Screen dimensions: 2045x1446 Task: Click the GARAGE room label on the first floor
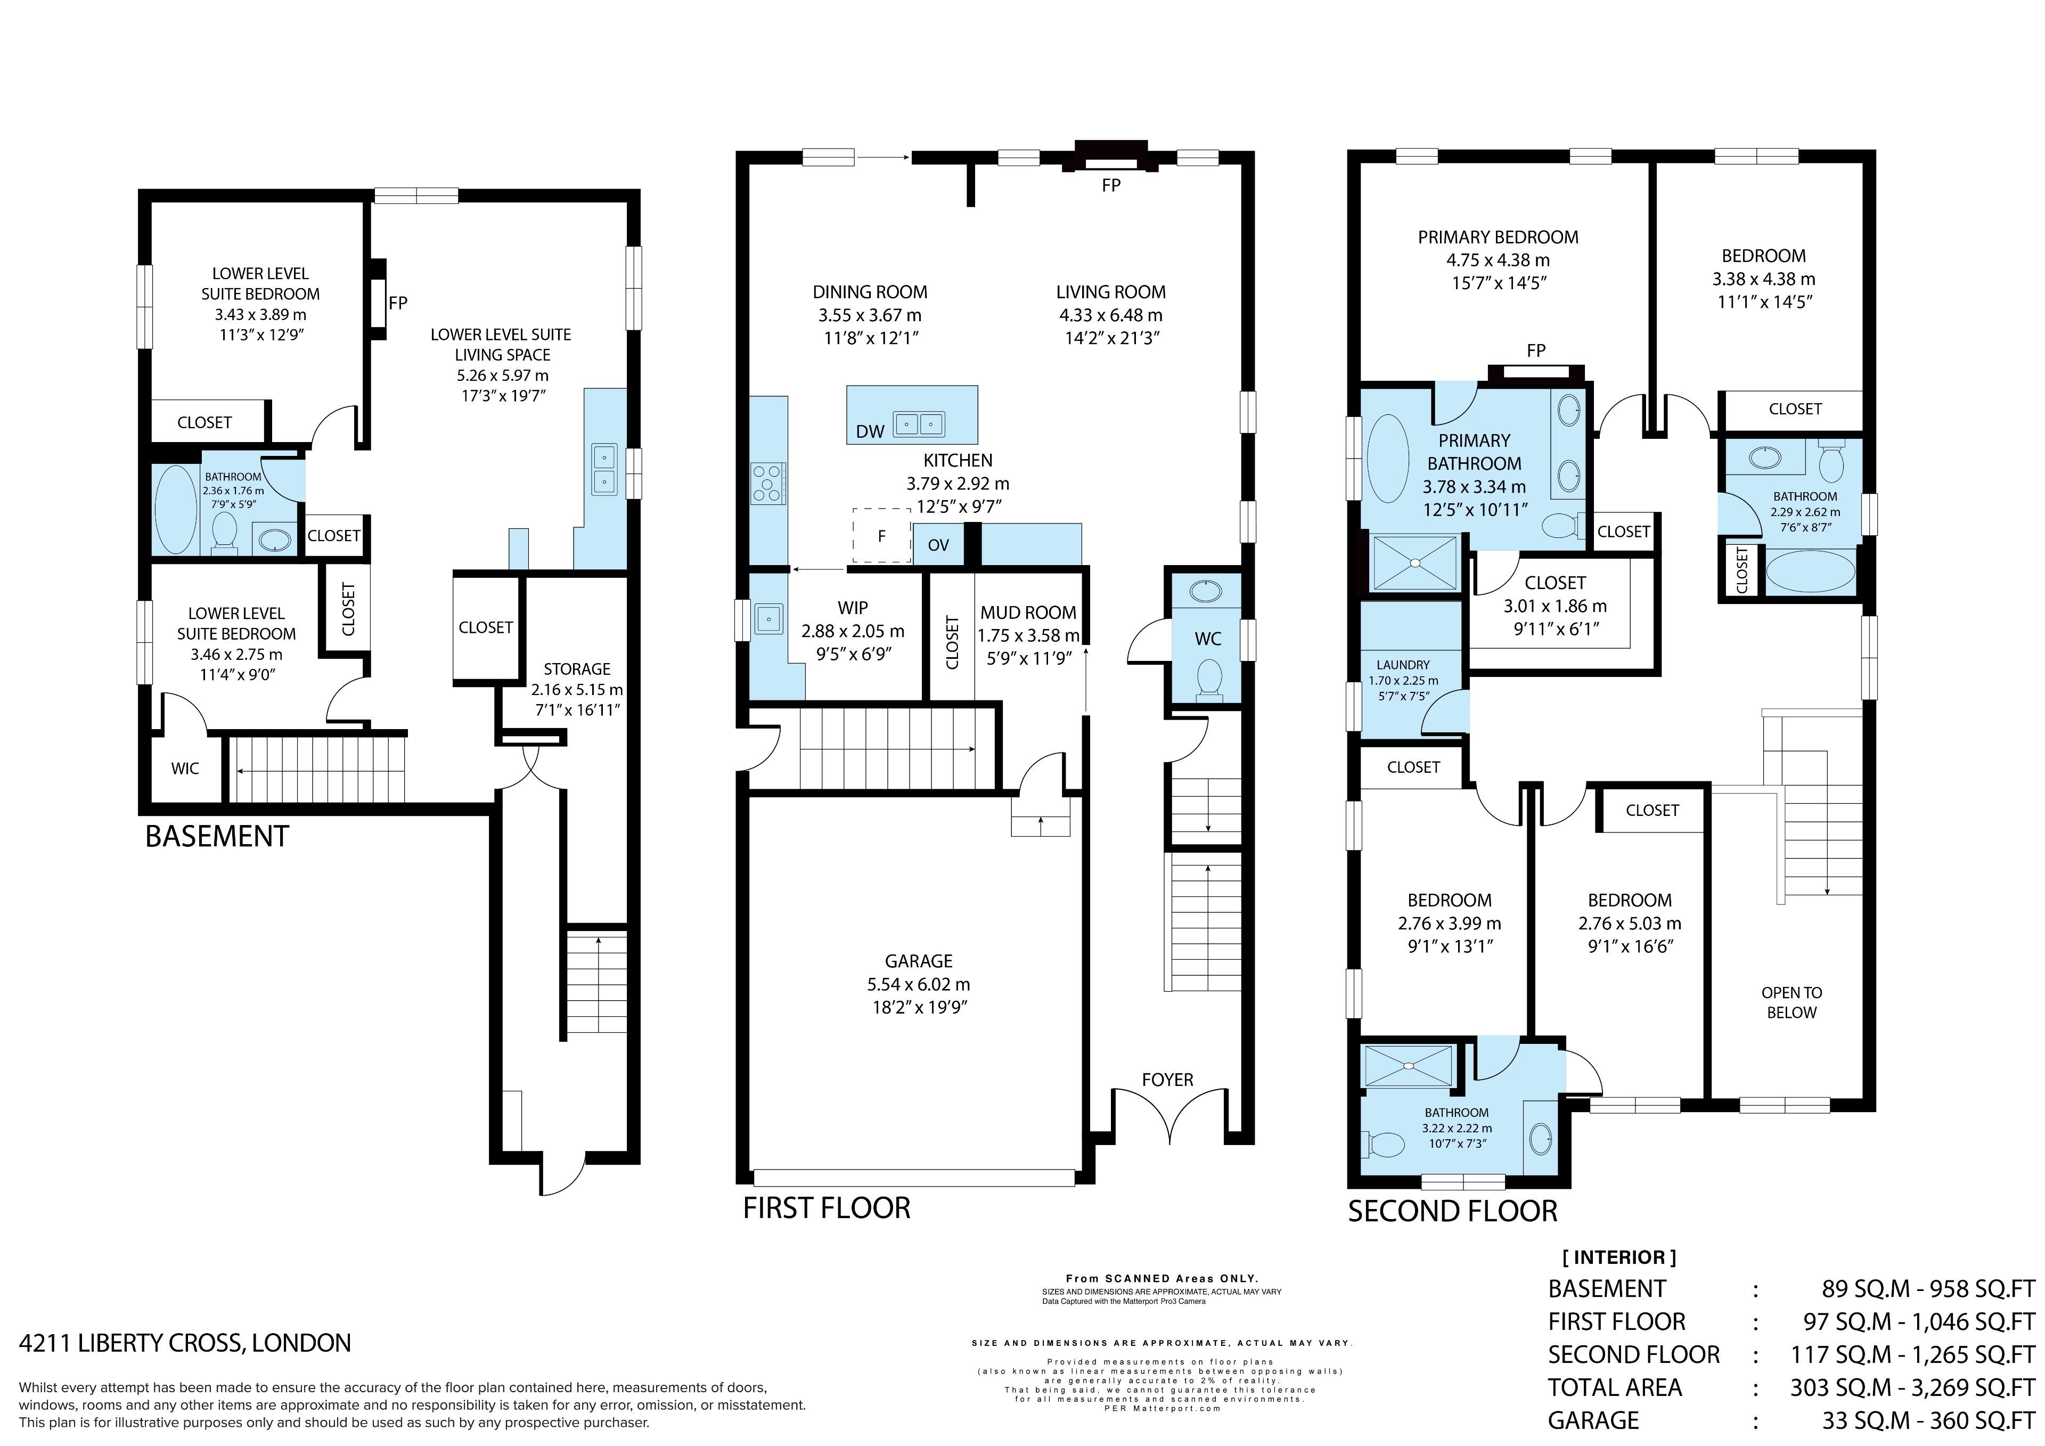click(918, 961)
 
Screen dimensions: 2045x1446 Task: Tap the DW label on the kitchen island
click(870, 432)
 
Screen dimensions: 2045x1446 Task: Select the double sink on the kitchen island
click(918, 423)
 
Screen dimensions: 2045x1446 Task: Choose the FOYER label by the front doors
click(1167, 1080)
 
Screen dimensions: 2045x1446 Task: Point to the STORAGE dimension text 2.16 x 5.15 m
click(577, 690)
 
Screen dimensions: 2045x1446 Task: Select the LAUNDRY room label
click(1403, 665)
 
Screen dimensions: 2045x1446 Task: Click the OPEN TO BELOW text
click(1791, 1002)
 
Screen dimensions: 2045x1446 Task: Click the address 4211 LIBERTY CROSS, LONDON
click(185, 1343)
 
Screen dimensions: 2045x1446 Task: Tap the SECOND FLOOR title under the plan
click(1453, 1212)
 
